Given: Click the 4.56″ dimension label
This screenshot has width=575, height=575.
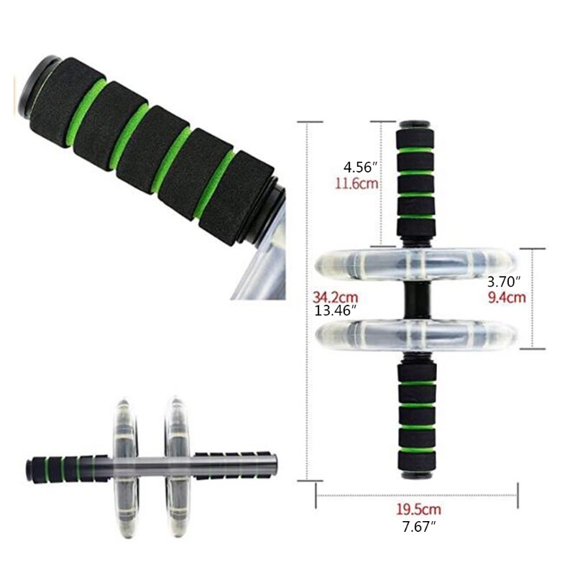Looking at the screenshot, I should [360, 167].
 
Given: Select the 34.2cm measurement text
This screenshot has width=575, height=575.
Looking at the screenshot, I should [335, 296].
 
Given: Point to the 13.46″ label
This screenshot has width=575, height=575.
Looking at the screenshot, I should [337, 310].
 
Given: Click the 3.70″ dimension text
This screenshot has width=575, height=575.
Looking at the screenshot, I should [504, 281].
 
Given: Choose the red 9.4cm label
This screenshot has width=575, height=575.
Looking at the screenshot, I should [507, 295].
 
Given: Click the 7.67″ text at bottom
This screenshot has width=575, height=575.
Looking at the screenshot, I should [419, 525].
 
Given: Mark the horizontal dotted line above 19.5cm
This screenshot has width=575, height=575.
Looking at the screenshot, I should [417, 494].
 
